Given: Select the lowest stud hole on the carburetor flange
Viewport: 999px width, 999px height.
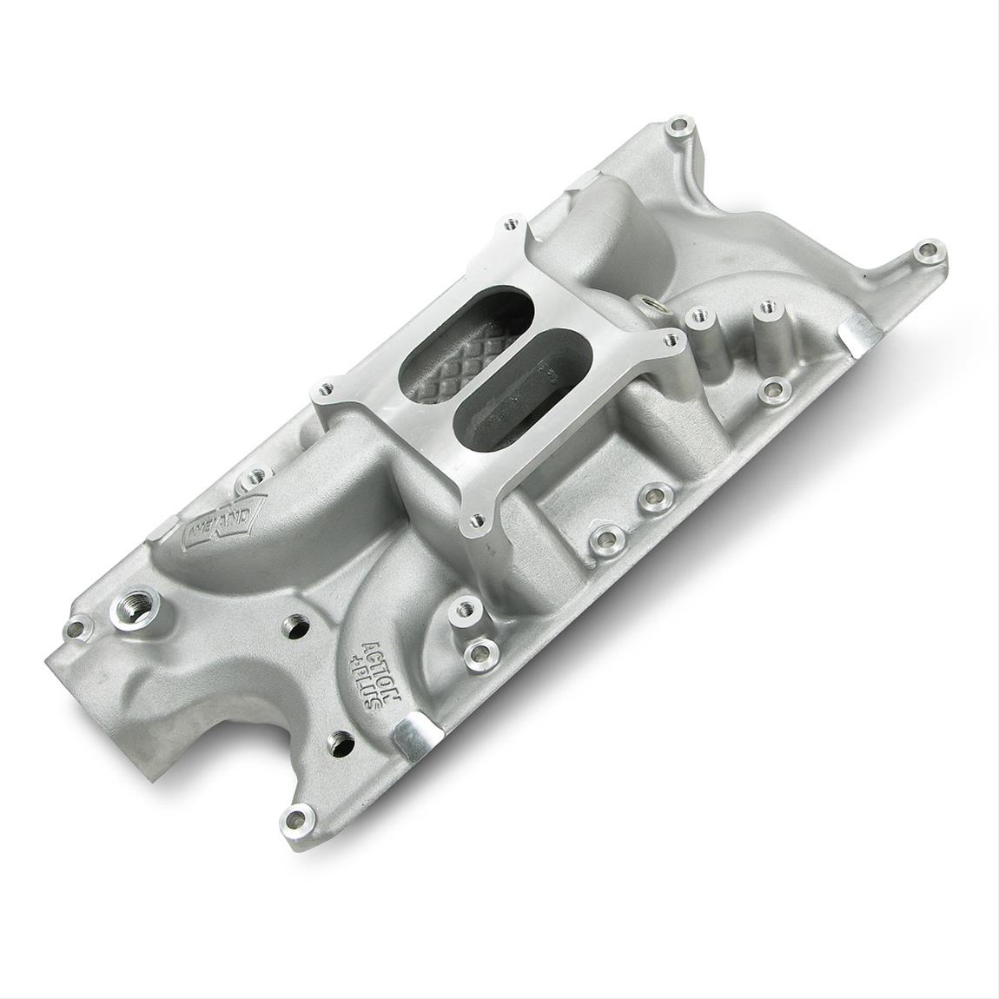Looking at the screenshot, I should pyautogui.click(x=475, y=521).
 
